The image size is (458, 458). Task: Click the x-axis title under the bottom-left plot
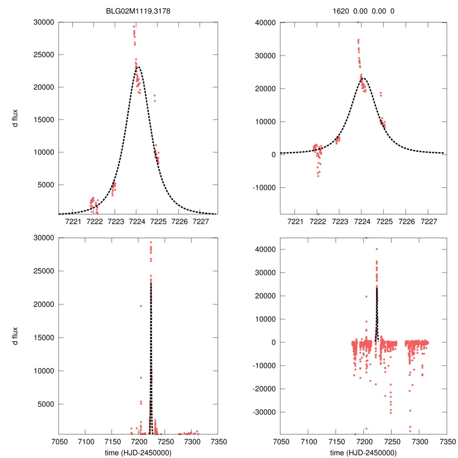tap(138, 452)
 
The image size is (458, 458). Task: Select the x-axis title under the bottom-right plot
tap(363, 452)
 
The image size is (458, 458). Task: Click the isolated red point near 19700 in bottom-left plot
tap(141, 306)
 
